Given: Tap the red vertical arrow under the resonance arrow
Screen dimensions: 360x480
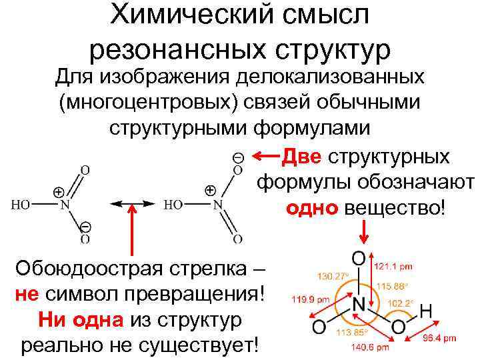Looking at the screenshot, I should pyautogui.click(x=133, y=229).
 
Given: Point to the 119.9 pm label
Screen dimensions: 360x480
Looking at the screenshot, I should pyautogui.click(x=311, y=300).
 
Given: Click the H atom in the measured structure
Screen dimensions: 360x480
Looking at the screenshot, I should pyautogui.click(x=427, y=310).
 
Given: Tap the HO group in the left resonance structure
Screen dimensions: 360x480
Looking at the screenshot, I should pyautogui.click(x=21, y=205).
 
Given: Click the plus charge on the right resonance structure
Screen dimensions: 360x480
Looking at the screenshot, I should pyautogui.click(x=210, y=190).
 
